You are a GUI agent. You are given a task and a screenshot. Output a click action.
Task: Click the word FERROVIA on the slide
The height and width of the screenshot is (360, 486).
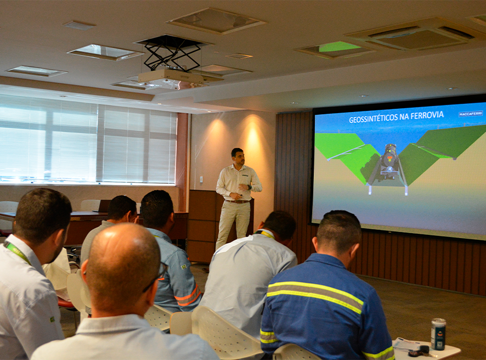click(427, 115)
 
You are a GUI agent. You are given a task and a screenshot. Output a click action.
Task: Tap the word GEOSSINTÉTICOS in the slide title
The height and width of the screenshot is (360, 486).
click(373, 119)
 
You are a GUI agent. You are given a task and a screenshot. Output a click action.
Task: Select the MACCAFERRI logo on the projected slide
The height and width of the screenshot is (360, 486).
click(471, 114)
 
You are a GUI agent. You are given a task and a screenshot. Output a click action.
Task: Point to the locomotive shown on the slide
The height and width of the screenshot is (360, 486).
click(388, 164)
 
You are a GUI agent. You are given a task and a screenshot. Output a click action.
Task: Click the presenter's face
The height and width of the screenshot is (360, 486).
click(239, 157)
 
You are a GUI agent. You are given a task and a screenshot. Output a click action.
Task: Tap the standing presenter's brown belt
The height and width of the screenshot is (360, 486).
click(237, 201)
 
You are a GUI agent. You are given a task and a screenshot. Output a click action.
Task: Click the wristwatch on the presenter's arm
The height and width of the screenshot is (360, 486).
click(250, 187)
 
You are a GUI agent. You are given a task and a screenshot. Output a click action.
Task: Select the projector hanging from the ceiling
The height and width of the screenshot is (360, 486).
click(171, 76)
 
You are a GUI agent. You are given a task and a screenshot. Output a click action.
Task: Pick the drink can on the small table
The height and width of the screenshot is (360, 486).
click(438, 334)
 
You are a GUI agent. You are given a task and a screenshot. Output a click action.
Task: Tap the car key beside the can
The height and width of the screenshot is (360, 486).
click(419, 351)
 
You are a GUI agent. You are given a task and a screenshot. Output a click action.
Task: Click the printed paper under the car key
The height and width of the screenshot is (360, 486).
click(406, 344)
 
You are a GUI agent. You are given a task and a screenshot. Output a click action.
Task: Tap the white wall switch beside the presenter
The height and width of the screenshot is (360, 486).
click(201, 179)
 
